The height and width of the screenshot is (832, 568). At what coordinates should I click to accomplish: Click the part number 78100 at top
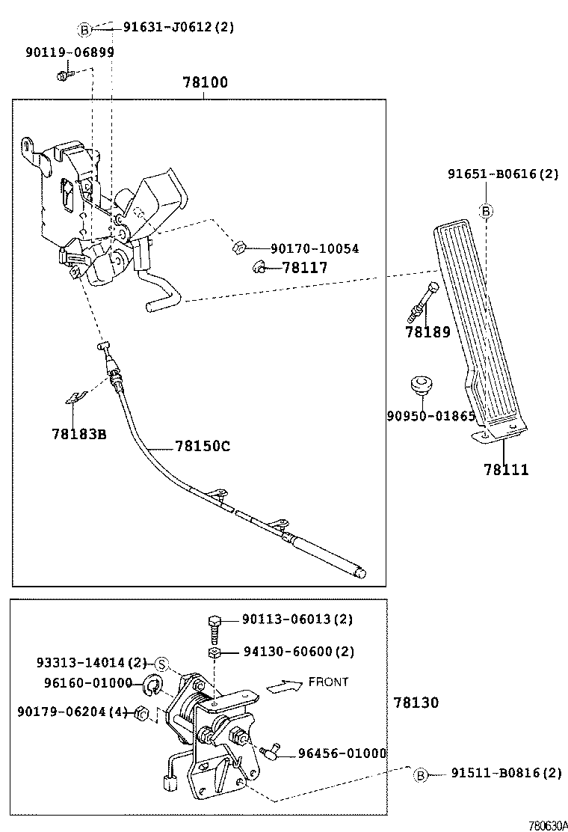205,82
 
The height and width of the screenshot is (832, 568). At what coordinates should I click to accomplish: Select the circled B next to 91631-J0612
84,29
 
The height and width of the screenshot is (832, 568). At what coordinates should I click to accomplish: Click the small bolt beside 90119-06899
63,74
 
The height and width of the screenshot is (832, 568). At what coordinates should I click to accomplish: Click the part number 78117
305,267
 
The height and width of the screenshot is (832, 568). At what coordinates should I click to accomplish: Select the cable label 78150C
203,446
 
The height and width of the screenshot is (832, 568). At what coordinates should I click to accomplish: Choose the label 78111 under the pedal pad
505,470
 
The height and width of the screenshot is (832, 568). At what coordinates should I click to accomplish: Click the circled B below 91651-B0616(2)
485,212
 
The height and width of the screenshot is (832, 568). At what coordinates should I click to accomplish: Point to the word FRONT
328,682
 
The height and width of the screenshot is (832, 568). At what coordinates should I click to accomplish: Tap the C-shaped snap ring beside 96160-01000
155,684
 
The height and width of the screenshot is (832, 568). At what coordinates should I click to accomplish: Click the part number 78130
416,703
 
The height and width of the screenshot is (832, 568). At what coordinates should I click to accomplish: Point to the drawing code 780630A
547,825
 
